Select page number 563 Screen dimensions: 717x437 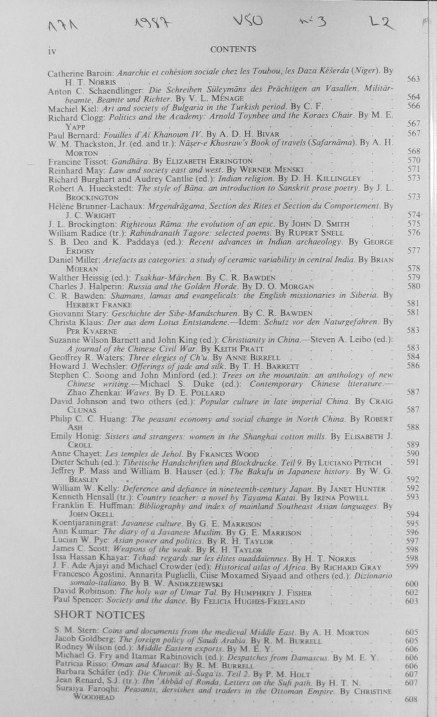[x=413, y=79]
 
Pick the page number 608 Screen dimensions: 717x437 [x=411, y=699]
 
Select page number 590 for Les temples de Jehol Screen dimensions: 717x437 [x=412, y=453]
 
